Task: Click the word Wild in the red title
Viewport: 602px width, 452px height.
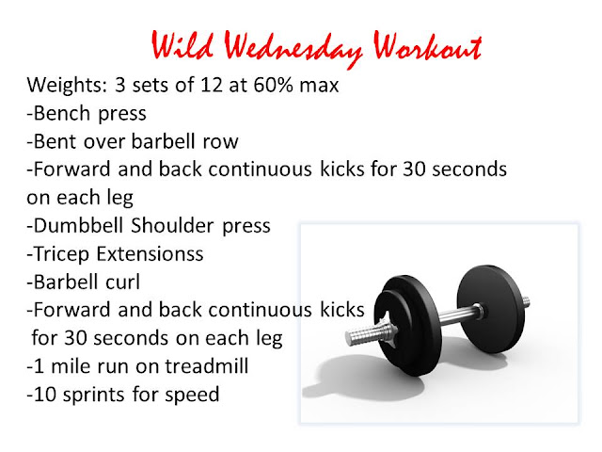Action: [x=182, y=45]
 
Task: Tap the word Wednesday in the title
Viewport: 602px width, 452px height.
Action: [x=293, y=49]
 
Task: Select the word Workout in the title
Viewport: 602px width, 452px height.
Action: [x=428, y=46]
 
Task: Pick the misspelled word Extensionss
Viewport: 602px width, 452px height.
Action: [x=150, y=254]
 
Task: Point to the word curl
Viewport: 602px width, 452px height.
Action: [x=122, y=282]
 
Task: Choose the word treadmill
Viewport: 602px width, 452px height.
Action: [x=207, y=366]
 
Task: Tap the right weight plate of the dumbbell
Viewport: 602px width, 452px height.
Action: [x=490, y=309]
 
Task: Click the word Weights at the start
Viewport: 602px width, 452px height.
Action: [x=67, y=86]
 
